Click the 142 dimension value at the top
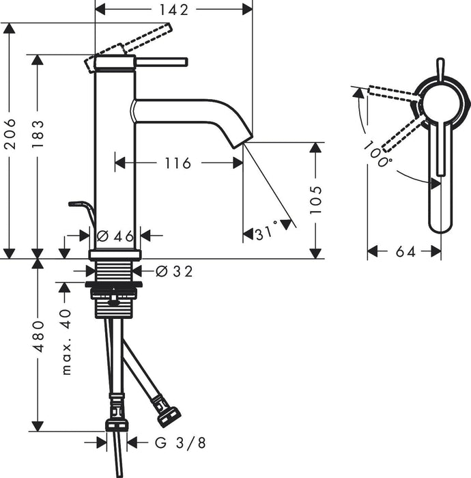(x=173, y=9)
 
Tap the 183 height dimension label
(x=38, y=135)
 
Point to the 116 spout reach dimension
(x=177, y=163)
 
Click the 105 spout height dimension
(x=315, y=199)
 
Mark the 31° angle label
(x=267, y=233)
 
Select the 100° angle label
(x=377, y=154)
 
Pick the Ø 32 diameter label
(x=174, y=271)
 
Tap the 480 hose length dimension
(x=38, y=336)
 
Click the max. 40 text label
(x=66, y=341)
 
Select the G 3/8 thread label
(x=180, y=442)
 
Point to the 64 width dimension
(x=405, y=252)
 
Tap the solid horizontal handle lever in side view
(x=161, y=62)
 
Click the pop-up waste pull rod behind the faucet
(x=81, y=206)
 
